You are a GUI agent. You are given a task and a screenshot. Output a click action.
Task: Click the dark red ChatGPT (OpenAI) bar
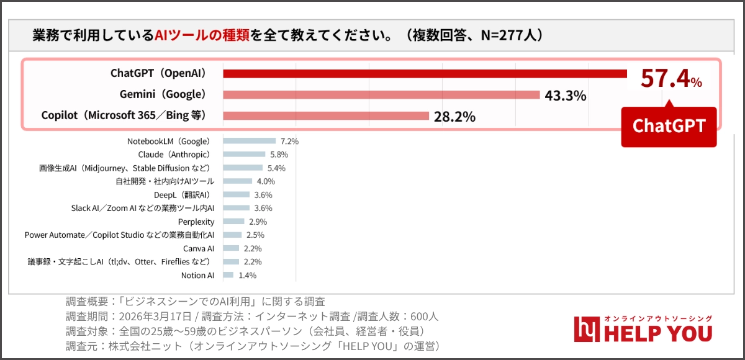click(x=425, y=74)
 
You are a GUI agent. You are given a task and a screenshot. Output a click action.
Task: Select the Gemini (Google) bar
click(x=381, y=95)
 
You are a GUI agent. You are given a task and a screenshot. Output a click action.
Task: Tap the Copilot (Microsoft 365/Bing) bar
click(x=326, y=116)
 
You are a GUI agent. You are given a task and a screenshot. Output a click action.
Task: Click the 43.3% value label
click(x=566, y=96)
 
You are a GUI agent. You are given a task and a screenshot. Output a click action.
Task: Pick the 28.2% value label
click(x=454, y=117)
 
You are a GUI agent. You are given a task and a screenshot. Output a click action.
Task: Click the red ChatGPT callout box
click(x=669, y=127)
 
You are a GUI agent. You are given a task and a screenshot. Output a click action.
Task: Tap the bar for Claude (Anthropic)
click(x=244, y=155)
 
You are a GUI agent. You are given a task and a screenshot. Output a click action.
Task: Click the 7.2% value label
click(x=289, y=142)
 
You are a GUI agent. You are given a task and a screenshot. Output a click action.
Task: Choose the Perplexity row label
click(x=196, y=222)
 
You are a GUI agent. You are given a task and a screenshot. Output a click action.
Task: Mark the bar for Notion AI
click(x=228, y=275)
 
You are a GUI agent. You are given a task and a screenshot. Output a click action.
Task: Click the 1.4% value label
click(x=247, y=276)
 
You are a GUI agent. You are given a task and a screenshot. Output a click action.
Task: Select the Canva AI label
click(x=199, y=248)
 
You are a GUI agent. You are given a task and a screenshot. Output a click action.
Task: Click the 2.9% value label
click(x=258, y=222)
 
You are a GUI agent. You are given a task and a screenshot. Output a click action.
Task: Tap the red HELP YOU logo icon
click(x=585, y=329)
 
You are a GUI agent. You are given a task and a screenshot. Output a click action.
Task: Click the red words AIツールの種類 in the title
click(x=202, y=35)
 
